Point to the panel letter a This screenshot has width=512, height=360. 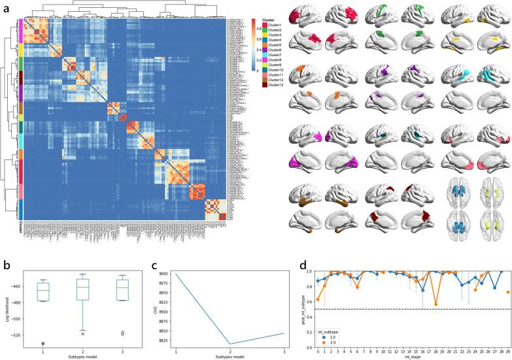(x=5, y=6)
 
